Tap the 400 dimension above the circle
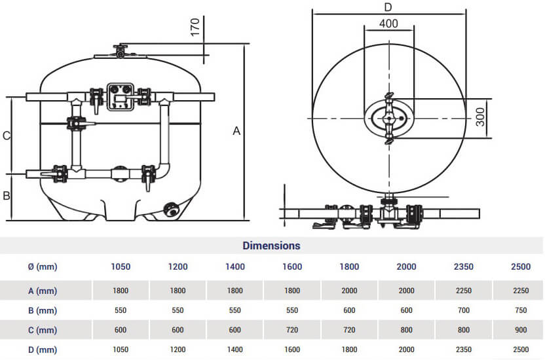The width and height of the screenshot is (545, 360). (x=388, y=24)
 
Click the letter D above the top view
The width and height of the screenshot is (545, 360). (x=388, y=7)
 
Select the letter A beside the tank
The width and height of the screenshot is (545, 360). (x=236, y=131)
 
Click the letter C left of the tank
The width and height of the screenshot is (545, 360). (x=6, y=136)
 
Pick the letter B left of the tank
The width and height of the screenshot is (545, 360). (x=6, y=195)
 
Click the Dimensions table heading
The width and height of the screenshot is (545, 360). (x=271, y=246)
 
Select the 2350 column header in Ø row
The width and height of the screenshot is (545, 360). (x=464, y=266)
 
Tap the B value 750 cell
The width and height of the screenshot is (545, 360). (x=521, y=310)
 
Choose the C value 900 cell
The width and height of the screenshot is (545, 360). (x=521, y=330)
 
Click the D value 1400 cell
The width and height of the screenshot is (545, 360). (x=235, y=350)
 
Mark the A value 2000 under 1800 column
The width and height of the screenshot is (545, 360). (x=349, y=290)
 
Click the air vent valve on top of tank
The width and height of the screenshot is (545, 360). (x=120, y=51)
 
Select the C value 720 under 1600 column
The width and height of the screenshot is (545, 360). (x=292, y=330)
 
